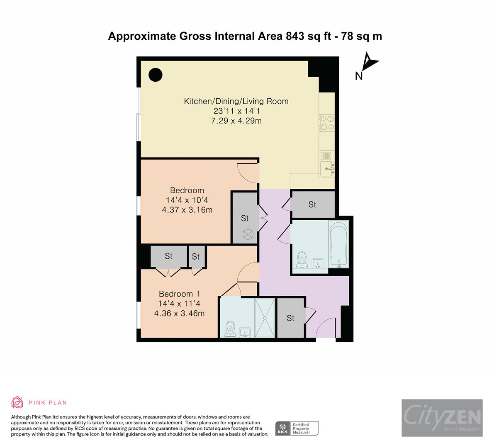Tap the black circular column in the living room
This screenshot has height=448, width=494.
156,75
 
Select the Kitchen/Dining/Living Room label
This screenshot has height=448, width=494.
236,101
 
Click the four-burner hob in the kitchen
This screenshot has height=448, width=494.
327,123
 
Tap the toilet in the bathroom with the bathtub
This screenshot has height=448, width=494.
301,259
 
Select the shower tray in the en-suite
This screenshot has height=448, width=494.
264,318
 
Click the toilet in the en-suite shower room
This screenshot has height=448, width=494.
230,329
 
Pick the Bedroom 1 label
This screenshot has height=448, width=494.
176,294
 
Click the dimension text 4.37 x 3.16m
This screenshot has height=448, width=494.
187,210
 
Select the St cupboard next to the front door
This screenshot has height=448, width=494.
291,318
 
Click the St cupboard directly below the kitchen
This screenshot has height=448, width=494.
312,205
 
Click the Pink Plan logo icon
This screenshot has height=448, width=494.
17,402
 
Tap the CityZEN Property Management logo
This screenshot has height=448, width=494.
442,418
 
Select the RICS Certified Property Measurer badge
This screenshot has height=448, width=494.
297,428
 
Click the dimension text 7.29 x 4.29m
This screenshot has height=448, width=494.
236,121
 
